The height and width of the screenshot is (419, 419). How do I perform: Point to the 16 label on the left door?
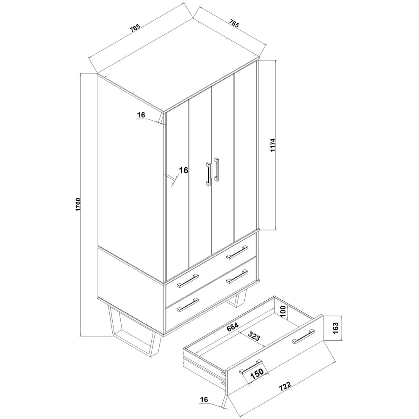pyautogui.click(x=183, y=170)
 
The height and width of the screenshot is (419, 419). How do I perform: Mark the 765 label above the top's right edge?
pyautogui.click(x=233, y=24)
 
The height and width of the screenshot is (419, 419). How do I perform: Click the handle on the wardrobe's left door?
pyautogui.click(x=208, y=173)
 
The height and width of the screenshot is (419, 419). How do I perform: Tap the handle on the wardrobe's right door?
pyautogui.click(x=217, y=169)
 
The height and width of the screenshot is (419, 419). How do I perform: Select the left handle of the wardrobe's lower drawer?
pyautogui.click(x=187, y=305)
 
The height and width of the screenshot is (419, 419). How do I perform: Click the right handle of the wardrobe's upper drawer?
pyautogui.click(x=237, y=252)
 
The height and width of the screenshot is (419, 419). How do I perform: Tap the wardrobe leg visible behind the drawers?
pyautogui.click(x=238, y=300)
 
